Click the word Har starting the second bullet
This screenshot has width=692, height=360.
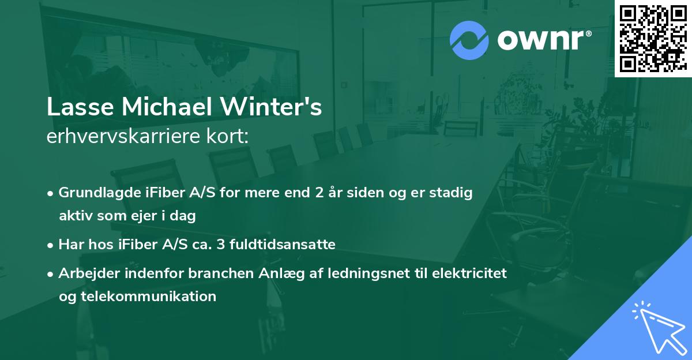70,245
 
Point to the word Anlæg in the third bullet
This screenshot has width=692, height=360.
264,274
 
